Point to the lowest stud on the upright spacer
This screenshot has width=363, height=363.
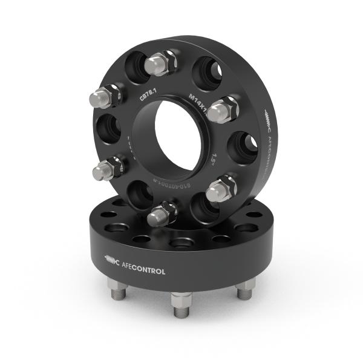click(x=162, y=213)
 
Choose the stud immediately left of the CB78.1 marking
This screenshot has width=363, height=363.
click(x=106, y=96)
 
